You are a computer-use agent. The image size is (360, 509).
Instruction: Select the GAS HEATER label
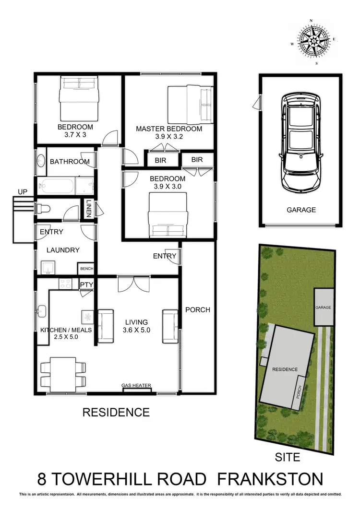pos(136,385)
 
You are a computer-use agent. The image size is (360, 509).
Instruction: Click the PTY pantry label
pos(87,285)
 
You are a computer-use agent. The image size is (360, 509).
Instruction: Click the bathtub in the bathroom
pos(57,185)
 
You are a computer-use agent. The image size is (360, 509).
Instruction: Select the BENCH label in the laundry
pos(87,269)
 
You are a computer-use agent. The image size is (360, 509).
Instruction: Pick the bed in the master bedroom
pos(190,104)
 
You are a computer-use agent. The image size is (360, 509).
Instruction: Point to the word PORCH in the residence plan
pos(198,310)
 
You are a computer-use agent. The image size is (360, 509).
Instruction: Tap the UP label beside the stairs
pos(23,192)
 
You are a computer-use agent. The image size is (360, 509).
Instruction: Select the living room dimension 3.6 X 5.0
pos(136,330)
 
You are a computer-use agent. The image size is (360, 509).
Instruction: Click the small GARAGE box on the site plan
pos(324,307)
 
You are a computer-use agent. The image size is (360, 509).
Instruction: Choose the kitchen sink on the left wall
pos(41,309)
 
